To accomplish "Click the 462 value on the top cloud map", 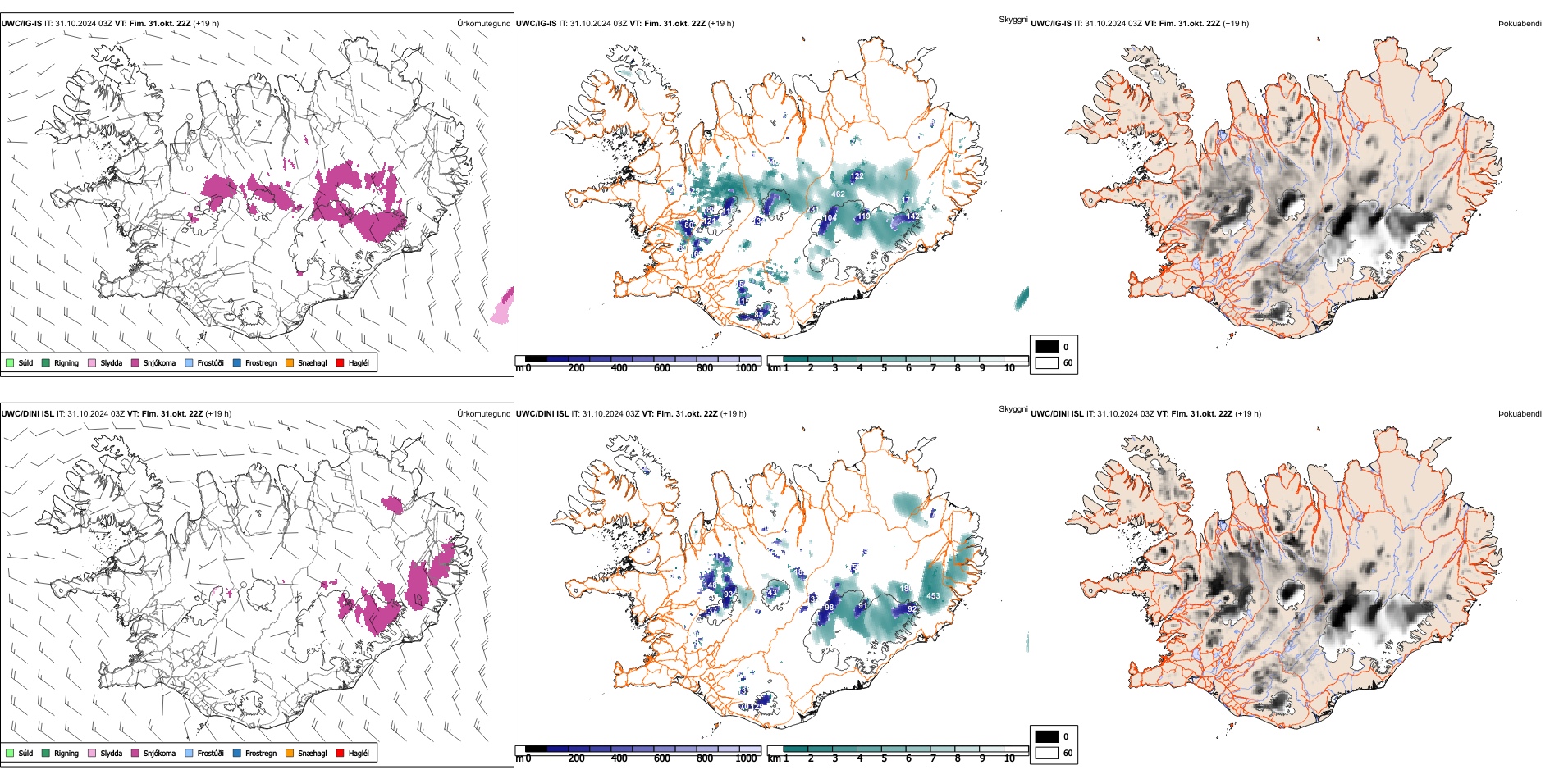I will pos(838,194).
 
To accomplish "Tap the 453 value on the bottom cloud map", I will pos(933,596).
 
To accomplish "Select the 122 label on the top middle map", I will pos(857,176).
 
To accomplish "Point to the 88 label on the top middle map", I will pos(758,314).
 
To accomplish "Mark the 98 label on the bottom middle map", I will pos(829,608).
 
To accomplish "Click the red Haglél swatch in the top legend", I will pos(341,362).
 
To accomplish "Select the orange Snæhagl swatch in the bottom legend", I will pos(290,753).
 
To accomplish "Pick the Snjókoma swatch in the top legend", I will pos(135,362).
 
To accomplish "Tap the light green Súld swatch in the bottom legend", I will pos(10,753).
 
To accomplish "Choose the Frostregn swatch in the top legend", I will pos(237,362).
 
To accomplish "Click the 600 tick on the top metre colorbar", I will pos(662,368).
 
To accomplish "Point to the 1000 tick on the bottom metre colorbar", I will pos(746,758).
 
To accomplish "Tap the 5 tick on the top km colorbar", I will pos(884,368).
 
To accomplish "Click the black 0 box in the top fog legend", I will pos(1047,347).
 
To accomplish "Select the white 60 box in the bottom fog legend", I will pos(1047,753).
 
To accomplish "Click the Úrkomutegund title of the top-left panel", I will pos(483,24).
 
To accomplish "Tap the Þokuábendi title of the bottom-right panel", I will pos(1520,414).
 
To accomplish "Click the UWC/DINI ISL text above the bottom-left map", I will pos(27,414).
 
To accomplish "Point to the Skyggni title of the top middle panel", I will pos(1013,19).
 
